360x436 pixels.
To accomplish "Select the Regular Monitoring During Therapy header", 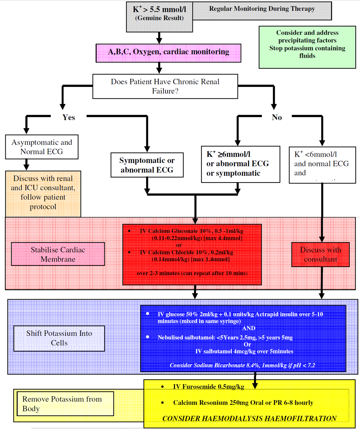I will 262,9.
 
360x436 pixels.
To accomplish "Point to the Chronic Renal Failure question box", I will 165,87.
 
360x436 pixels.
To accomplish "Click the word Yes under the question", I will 69,117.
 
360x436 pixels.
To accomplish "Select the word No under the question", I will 277,117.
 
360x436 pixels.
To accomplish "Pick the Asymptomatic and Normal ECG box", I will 42,147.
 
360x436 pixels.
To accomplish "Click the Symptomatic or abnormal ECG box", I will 147,165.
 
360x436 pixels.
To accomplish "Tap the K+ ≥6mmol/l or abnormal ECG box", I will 240,164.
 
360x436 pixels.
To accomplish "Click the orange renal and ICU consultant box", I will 43,193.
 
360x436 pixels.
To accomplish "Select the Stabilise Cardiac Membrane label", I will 58,254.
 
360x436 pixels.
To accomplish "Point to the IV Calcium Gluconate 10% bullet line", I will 191,231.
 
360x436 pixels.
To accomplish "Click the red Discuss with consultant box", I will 320,255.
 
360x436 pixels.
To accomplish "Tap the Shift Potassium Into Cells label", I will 59,338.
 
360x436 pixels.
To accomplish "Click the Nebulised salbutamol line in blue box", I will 225,337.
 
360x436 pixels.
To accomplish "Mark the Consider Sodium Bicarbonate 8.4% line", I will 242,365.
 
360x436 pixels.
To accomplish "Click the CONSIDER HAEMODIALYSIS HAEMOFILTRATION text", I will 249,418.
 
